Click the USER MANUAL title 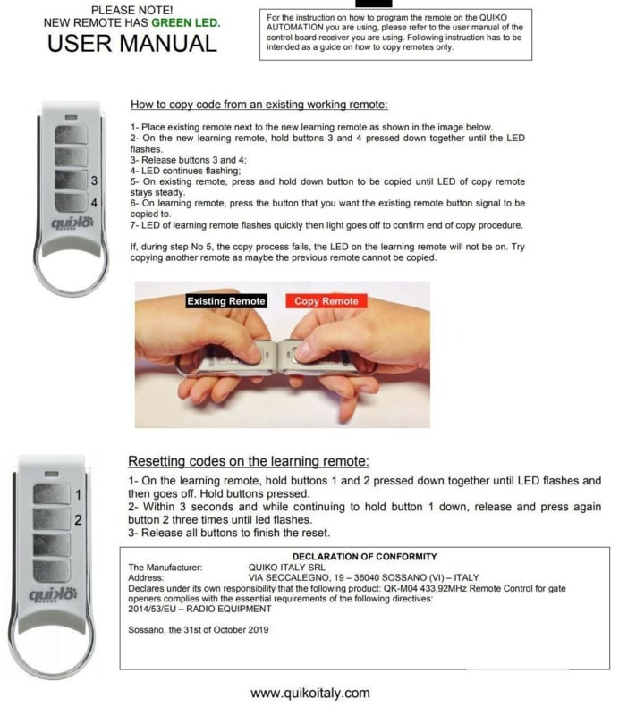point(131,42)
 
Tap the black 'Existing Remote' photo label point(225,301)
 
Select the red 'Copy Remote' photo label point(326,301)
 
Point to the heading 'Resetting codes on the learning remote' point(249,461)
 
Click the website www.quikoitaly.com point(309,693)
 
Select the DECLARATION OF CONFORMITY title point(365,557)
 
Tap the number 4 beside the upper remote point(94,203)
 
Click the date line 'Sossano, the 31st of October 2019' point(198,630)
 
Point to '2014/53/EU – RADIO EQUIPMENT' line point(199,609)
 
